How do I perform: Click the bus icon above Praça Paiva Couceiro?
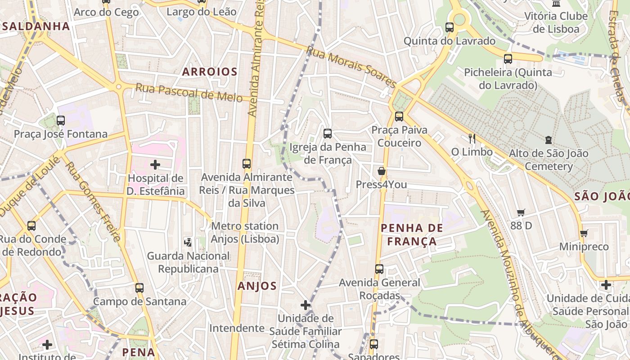pos(399,117)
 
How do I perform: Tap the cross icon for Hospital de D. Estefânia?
pos(155,165)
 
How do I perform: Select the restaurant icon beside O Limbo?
pos(472,138)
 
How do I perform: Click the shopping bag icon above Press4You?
pos(382,171)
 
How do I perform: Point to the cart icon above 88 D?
pos(521,212)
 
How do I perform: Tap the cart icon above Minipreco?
pos(584,233)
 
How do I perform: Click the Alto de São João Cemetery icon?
pos(548,140)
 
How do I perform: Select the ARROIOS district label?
pos(209,72)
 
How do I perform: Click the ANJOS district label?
pos(257,286)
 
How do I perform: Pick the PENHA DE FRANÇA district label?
pos(412,234)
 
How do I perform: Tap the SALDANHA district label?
pos(36,26)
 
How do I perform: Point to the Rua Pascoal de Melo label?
pos(189,92)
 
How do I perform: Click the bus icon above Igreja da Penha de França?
pos(328,133)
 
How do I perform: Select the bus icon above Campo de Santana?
pos(139,288)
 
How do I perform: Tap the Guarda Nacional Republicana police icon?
pos(188,242)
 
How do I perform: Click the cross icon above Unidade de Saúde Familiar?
pos(306,305)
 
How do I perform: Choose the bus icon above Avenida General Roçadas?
pos(379,269)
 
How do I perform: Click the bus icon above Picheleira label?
pos(508,58)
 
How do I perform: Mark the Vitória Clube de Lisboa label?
pos(556,22)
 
